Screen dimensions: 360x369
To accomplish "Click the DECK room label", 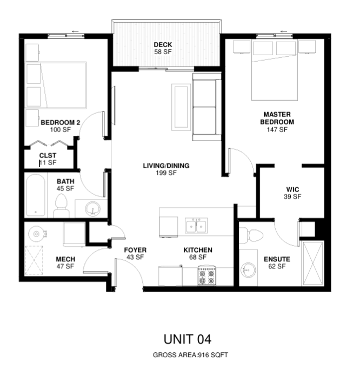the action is (x=163, y=44).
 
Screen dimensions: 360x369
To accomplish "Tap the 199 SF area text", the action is (x=166, y=173).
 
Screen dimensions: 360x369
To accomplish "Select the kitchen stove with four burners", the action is (x=206, y=275).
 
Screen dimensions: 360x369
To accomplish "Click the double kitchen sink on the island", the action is (x=196, y=226).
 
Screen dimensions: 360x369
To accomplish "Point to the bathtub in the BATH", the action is (x=36, y=195).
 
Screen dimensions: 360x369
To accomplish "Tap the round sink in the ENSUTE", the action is (x=248, y=270).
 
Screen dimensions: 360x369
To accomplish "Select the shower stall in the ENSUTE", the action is (x=312, y=263).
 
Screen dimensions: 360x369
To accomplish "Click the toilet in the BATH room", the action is (x=61, y=206).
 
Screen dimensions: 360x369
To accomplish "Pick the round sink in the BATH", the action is (x=92, y=209).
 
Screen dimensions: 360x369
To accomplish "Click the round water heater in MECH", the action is (x=36, y=234).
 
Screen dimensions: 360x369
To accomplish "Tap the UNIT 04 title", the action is (x=188, y=339).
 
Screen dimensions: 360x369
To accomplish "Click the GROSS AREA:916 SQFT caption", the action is (x=190, y=355).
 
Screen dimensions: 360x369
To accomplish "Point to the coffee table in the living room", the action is (x=181, y=107).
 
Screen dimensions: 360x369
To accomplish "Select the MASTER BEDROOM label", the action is (x=277, y=118).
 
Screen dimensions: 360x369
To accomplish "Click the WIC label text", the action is (x=293, y=189).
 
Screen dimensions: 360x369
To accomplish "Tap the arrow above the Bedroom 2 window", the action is (x=75, y=31).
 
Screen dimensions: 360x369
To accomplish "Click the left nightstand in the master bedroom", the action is (x=242, y=47).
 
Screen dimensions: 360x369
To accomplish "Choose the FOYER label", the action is (x=135, y=250).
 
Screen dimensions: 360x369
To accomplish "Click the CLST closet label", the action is (x=48, y=156).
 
